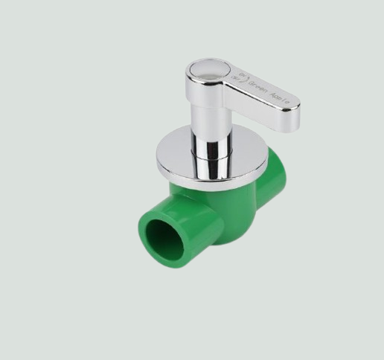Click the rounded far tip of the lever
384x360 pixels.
(295, 115)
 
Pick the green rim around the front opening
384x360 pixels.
(145, 223)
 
